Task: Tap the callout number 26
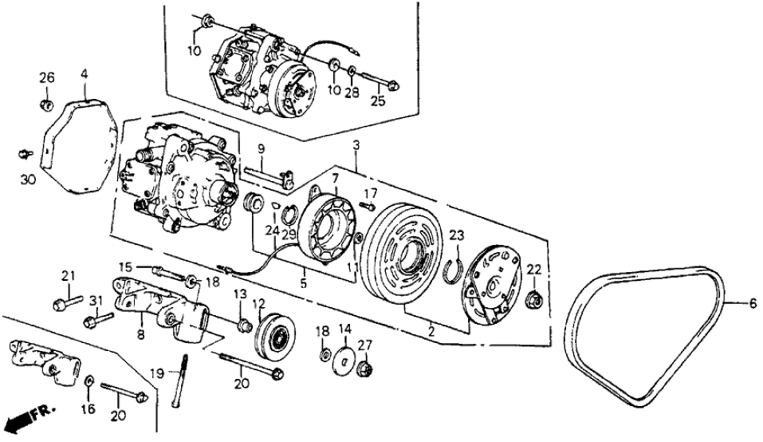pos(47,77)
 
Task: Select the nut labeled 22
pos(534,301)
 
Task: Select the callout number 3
pos(356,146)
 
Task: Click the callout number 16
pos(88,408)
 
